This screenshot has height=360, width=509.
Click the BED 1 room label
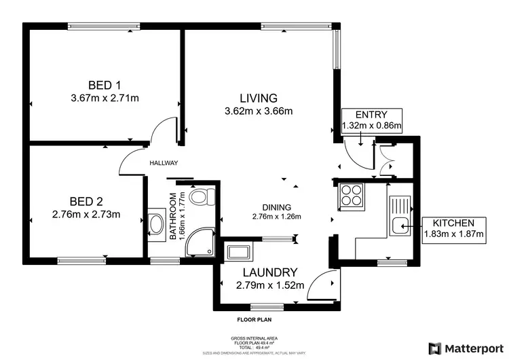(x=105, y=85)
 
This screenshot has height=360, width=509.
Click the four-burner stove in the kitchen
(x=351, y=196)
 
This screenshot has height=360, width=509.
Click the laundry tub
(x=238, y=253)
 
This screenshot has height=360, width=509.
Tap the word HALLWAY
(x=164, y=163)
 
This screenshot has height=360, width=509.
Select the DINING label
(x=277, y=207)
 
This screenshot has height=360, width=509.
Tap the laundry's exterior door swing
(x=323, y=285)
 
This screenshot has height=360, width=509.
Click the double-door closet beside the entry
(x=387, y=162)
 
